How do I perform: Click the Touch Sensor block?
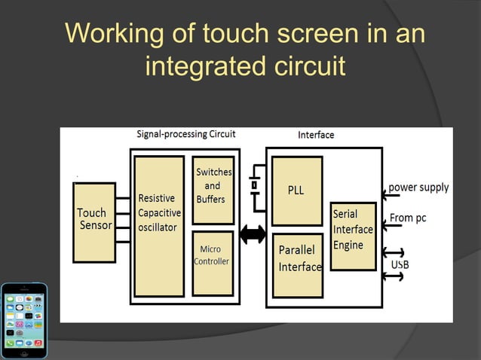94,221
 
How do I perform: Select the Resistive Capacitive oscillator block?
159,226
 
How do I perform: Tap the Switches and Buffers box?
213,190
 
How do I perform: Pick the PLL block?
296,191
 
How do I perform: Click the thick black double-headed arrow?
253,234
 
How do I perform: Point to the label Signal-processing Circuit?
185,134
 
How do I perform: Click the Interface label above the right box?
316,135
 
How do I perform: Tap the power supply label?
418,187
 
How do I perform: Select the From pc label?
408,218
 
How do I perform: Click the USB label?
400,265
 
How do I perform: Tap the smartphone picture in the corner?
23,320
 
